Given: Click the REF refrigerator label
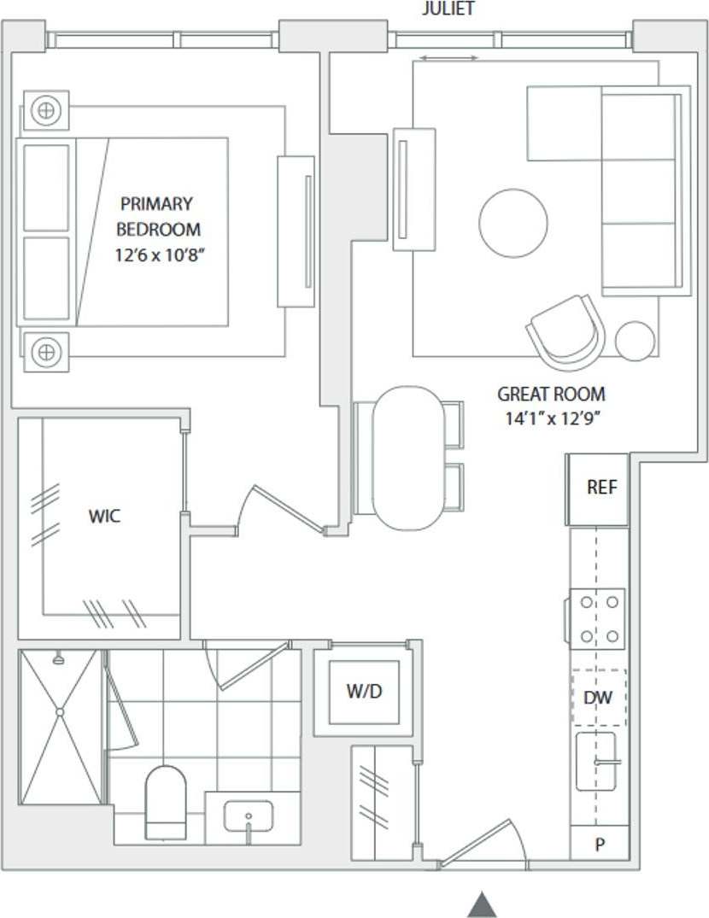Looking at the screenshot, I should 601,488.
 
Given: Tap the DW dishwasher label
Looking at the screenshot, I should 599,698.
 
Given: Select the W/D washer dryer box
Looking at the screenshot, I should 364,692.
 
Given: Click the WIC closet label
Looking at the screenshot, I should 104,516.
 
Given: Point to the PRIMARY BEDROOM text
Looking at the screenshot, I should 157,216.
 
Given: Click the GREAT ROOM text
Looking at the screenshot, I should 551,395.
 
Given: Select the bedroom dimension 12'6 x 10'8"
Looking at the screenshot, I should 161,255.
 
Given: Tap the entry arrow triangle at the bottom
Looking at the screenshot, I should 483,904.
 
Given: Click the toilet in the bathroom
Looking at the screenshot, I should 166,802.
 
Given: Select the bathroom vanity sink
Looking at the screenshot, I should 249,816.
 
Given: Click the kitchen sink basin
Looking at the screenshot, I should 596,761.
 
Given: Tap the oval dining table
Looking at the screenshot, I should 407,458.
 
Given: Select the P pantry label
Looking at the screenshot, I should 600,845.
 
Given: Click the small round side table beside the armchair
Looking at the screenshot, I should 635,340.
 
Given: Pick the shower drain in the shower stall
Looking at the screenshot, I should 60,711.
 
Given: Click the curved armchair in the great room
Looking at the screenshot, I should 566,331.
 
